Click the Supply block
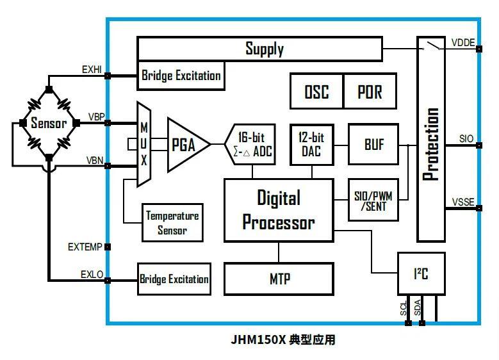[264, 49]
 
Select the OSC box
[316, 92]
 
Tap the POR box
[370, 92]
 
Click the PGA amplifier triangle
[186, 144]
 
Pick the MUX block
[144, 144]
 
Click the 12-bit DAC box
[311, 144]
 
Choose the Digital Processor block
[278, 210]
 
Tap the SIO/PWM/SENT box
[373, 199]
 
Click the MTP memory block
[278, 279]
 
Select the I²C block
[420, 275]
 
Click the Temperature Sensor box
[172, 222]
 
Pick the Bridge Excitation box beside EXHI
[181, 76]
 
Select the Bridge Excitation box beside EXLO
[174, 279]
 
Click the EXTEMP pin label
[85, 247]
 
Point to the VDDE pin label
[462, 43]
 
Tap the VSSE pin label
[462, 202]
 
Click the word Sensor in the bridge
[49, 123]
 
